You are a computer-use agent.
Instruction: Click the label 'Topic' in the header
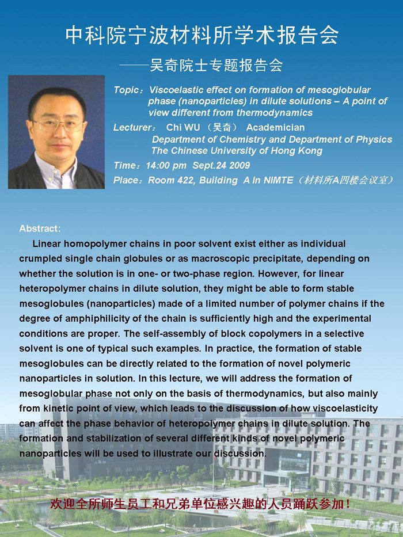coord(126,90)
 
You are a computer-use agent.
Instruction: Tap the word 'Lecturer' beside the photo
coord(132,128)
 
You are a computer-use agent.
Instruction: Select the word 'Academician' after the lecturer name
coord(275,128)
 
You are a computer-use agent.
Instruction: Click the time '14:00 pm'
coord(166,166)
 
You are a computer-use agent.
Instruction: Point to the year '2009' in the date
coord(239,166)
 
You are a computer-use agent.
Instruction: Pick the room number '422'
coord(185,181)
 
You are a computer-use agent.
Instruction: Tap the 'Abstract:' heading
coord(40,228)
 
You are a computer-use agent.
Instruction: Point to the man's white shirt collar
coord(55,172)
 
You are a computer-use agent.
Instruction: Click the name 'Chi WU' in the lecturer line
coord(183,128)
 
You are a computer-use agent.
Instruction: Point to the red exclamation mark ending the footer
coord(348,504)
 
